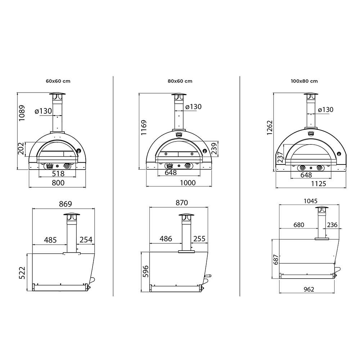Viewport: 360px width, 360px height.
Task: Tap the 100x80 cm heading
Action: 304,81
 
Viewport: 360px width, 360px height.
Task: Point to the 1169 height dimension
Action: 144,127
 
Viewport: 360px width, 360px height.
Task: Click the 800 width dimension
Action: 58,183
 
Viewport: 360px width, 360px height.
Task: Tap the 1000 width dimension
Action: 187,183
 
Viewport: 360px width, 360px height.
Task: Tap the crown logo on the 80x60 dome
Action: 179,135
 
